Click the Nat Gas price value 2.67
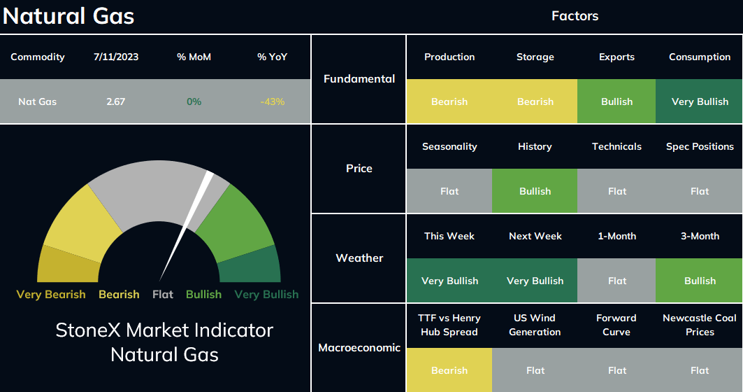coord(115,101)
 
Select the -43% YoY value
coord(273,101)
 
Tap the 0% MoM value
coord(194,101)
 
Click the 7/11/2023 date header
coord(116,57)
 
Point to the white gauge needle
coord(186,226)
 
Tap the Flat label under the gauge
coord(163,295)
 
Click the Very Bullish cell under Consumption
coord(699,101)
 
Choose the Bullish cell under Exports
coord(616,101)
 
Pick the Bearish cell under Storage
coord(535,101)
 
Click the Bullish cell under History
coord(535,191)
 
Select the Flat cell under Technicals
coord(616,191)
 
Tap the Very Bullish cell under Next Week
coord(535,281)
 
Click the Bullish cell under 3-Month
coord(699,281)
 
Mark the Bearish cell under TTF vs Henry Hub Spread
coord(449,370)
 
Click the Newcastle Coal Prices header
coord(700,325)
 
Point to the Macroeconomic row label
coord(359,348)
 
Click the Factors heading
coord(575,16)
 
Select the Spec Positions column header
coord(700,146)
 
